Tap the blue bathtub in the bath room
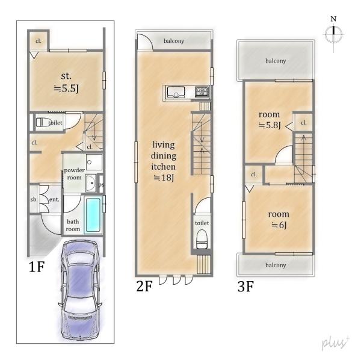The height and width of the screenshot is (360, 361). click(x=93, y=215)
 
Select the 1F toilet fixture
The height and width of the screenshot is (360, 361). click(x=44, y=122)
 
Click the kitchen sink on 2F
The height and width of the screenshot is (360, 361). click(x=176, y=92)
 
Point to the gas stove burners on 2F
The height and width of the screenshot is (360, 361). click(x=202, y=92)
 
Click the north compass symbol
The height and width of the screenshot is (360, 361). click(x=333, y=34)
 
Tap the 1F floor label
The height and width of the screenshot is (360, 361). click(x=36, y=267)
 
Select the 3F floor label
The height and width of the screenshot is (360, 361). click(x=245, y=287)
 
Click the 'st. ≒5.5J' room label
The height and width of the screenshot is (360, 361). click(x=66, y=82)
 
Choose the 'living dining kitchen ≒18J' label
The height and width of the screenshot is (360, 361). click(x=164, y=161)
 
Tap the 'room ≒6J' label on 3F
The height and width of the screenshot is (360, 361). click(x=279, y=220)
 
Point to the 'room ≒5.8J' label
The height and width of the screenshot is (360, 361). click(x=270, y=120)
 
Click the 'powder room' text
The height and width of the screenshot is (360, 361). click(x=74, y=174)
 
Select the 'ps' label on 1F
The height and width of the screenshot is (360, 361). click(x=101, y=184)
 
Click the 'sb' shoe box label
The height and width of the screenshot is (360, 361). click(x=33, y=199)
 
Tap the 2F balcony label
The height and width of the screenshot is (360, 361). click(x=174, y=41)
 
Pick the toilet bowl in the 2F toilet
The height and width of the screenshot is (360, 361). click(x=202, y=240)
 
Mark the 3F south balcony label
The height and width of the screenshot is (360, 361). click(x=276, y=265)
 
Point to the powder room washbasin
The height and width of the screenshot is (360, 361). click(x=91, y=183)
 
